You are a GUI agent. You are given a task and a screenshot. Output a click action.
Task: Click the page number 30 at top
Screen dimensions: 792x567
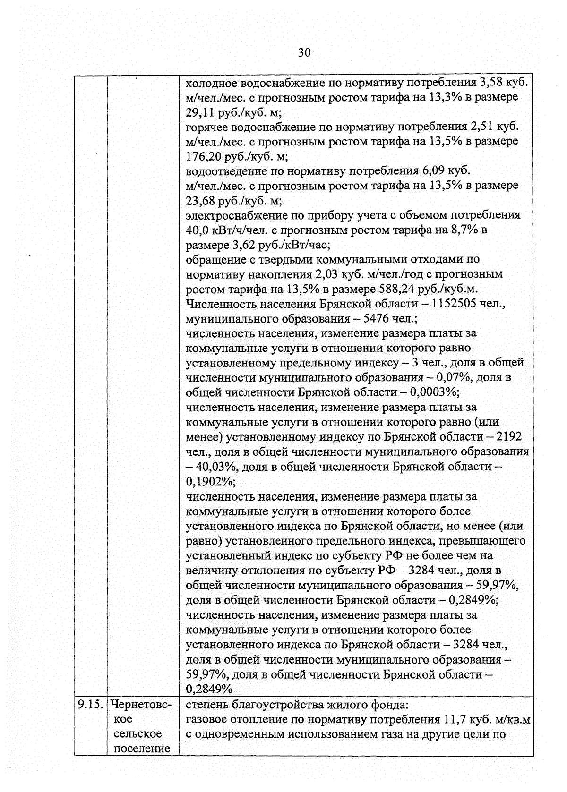click(x=304, y=52)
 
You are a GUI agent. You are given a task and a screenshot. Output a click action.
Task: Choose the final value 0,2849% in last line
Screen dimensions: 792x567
click(x=209, y=689)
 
